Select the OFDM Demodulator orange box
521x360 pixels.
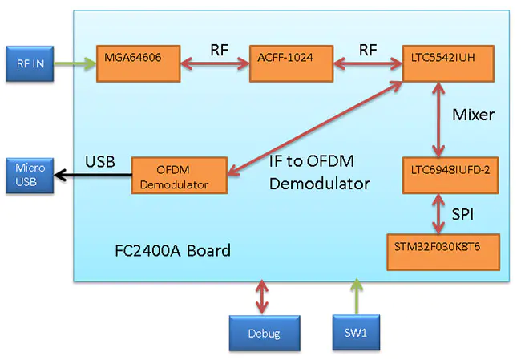pos(179,176)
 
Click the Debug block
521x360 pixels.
pos(263,333)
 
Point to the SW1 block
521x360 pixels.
pos(355,332)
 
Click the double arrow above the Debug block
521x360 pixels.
pos(263,297)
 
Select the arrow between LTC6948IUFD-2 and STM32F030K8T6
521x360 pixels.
pos(437,213)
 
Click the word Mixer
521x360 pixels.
pos(473,115)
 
